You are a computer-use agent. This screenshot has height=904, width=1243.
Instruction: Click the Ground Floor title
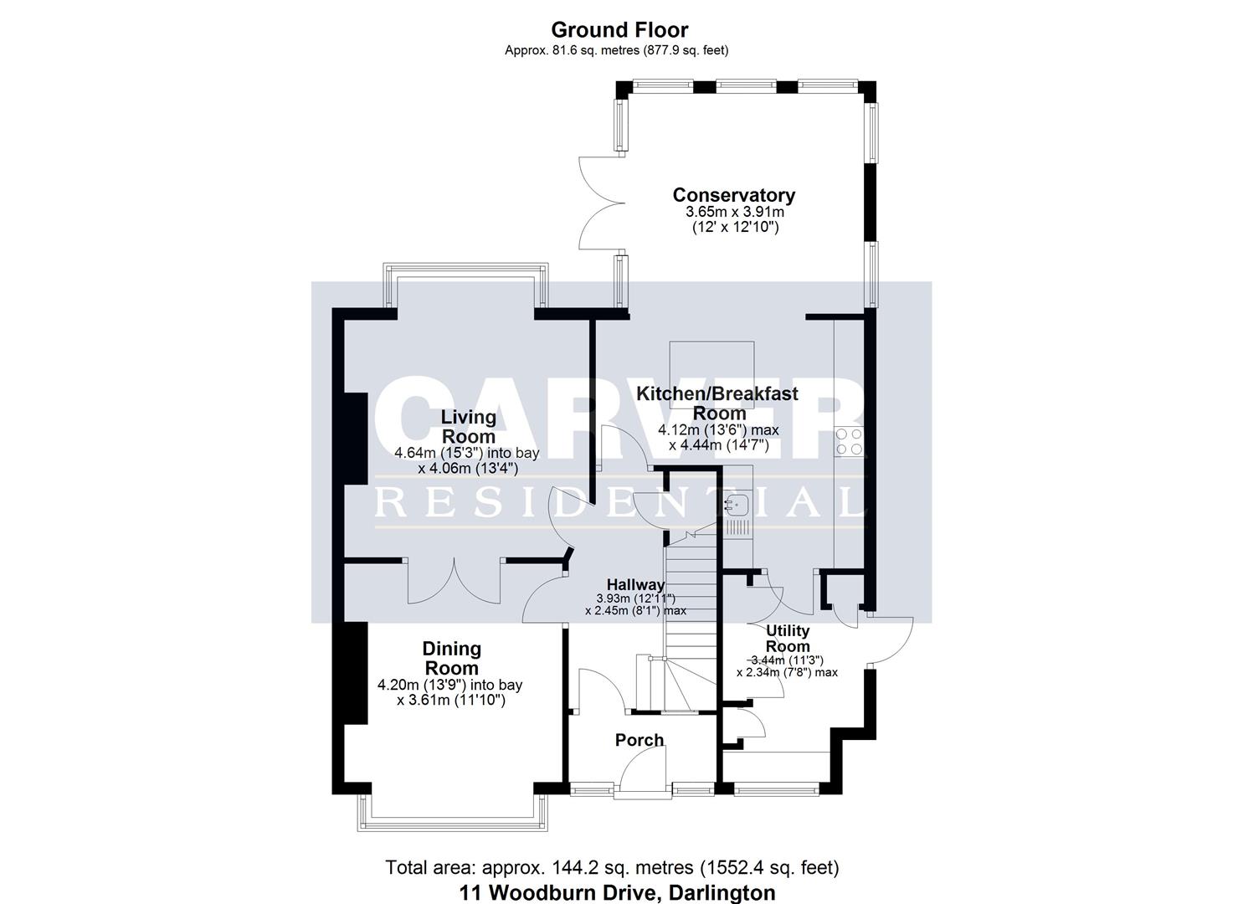coord(619,30)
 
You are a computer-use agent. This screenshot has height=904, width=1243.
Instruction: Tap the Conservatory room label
coord(733,195)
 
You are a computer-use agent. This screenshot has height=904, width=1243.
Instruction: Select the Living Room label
coord(469,426)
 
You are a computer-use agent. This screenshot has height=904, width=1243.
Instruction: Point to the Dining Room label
coord(451,658)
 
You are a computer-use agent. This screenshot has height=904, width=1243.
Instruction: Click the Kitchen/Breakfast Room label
coord(717,403)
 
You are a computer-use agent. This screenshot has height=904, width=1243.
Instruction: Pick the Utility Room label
coord(788,638)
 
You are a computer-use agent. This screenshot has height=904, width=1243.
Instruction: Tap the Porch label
coord(639,740)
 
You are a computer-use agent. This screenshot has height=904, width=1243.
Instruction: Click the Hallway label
coord(635,584)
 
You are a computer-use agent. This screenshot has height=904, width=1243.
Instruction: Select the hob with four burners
coord(849,441)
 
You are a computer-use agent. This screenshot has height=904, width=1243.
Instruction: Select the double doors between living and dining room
coord(455,581)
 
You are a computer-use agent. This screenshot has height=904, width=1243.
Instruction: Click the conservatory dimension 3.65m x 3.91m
coord(734,213)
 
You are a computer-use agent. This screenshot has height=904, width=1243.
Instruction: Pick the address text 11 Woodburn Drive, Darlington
coord(617,893)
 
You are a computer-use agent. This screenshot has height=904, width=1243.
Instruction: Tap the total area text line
coord(612,867)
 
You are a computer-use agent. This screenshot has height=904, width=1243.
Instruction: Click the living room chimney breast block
coord(355,439)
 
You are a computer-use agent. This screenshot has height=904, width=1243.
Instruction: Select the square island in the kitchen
coord(713,374)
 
